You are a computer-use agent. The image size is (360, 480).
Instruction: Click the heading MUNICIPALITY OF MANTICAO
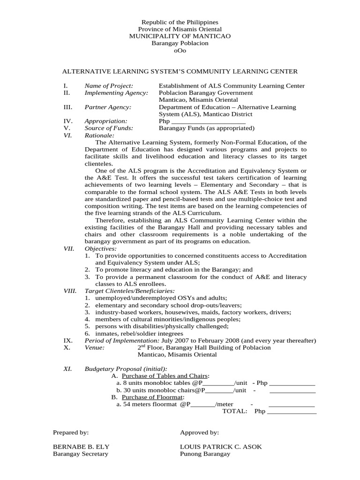point(180,36)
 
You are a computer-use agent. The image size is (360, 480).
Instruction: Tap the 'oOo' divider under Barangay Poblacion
point(180,50)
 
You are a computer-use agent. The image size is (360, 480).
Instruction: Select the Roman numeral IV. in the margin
point(67,121)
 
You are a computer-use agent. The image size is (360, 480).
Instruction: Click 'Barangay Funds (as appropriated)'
point(206,128)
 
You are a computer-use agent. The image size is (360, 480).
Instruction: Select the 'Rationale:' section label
point(99,135)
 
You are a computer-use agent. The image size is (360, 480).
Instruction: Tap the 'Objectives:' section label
point(100,248)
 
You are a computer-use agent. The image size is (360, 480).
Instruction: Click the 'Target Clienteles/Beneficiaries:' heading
point(126,291)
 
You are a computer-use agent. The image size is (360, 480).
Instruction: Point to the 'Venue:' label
point(94,347)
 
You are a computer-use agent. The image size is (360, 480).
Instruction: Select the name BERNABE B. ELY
point(81,447)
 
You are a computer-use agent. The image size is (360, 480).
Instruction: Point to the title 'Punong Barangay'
point(205,454)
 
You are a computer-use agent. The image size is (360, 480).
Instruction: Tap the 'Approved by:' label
point(199,433)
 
